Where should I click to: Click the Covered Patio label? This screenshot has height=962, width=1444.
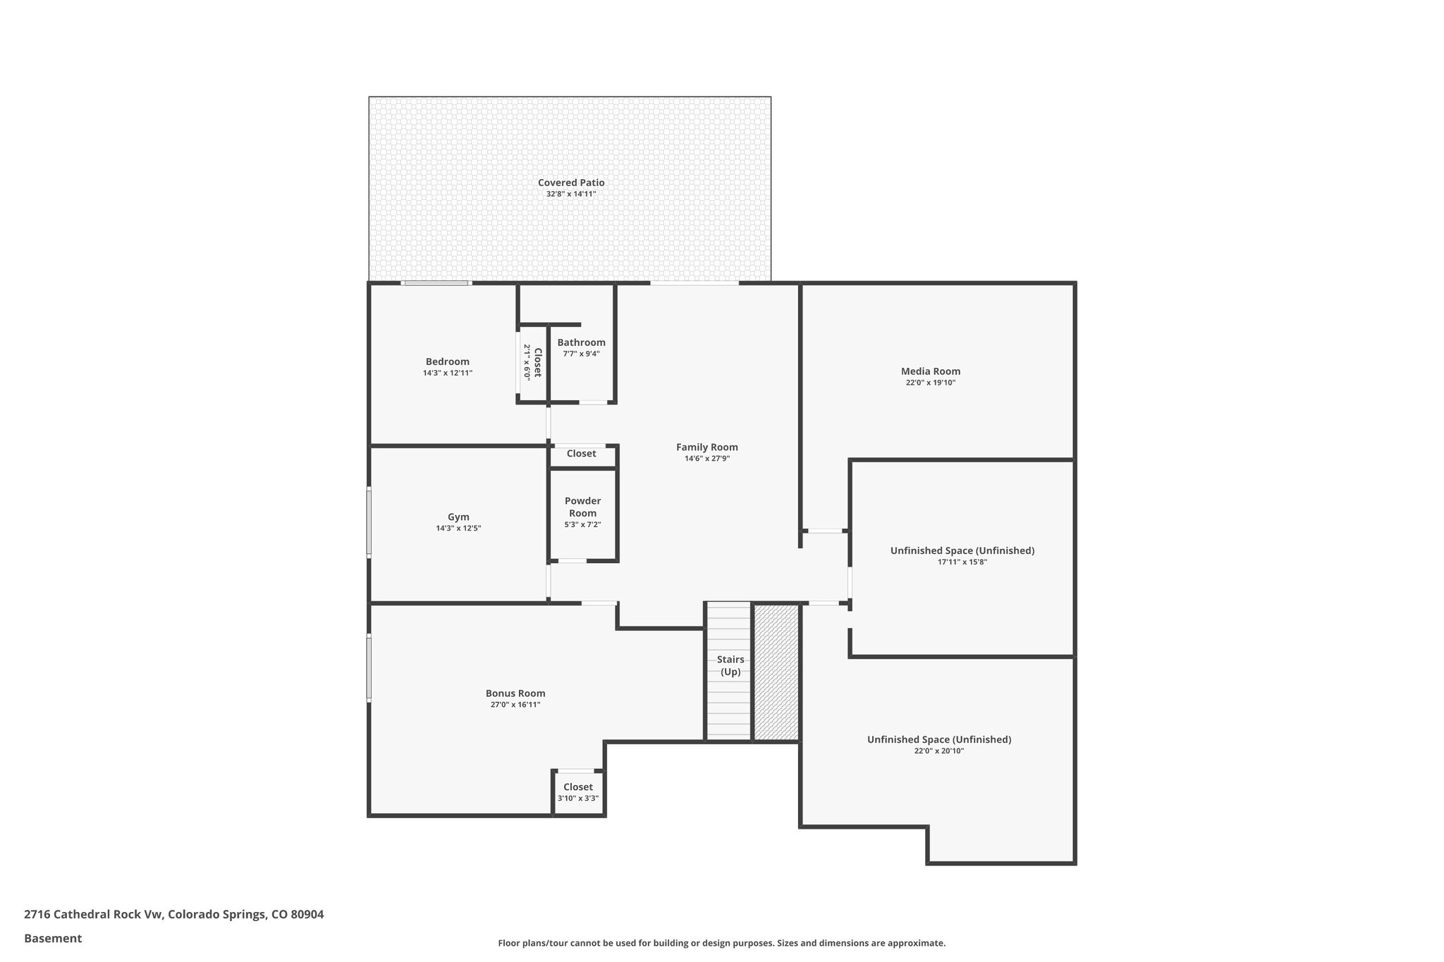[571, 183]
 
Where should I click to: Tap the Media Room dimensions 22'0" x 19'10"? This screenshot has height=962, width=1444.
[931, 383]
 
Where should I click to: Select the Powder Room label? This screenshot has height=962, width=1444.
[582, 507]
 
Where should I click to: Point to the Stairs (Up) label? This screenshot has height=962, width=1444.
[730, 665]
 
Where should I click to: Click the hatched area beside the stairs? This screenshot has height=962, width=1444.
[776, 672]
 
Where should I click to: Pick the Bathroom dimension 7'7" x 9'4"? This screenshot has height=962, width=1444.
[581, 354]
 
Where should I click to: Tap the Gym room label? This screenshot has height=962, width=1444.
[458, 517]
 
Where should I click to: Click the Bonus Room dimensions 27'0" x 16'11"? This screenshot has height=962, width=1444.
[515, 705]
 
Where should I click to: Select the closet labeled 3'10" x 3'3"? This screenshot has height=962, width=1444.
[578, 792]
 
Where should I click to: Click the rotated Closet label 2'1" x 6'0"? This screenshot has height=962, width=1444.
[532, 362]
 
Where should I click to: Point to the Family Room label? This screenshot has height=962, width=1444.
[706, 447]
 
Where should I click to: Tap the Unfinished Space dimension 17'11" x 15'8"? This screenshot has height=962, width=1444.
[962, 562]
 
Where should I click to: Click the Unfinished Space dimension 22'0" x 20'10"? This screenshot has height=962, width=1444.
[939, 751]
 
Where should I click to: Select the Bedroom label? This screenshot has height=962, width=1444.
[447, 362]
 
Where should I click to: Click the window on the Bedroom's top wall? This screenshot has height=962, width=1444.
[436, 283]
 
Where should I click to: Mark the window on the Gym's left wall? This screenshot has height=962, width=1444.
[369, 522]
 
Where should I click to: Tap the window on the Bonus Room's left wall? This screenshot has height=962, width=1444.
[369, 667]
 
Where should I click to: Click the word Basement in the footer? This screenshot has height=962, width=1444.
[53, 938]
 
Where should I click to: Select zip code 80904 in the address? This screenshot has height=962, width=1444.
[307, 914]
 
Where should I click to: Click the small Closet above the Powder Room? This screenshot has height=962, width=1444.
[581, 453]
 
